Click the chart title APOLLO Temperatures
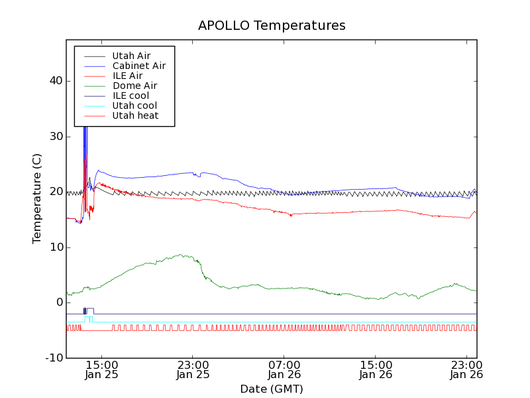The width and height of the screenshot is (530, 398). click(x=272, y=26)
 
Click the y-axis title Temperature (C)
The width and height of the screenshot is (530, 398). click(x=38, y=198)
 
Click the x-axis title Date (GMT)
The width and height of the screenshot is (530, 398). click(x=272, y=389)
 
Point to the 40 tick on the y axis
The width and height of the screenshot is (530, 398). click(x=56, y=81)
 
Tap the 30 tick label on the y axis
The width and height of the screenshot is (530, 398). click(x=56, y=137)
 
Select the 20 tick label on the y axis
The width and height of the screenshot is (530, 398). click(x=56, y=192)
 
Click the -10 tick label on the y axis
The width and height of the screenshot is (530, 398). click(x=54, y=358)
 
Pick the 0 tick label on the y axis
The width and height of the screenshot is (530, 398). click(x=60, y=302)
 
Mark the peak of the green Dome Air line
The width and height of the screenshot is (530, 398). click(x=180, y=254)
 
